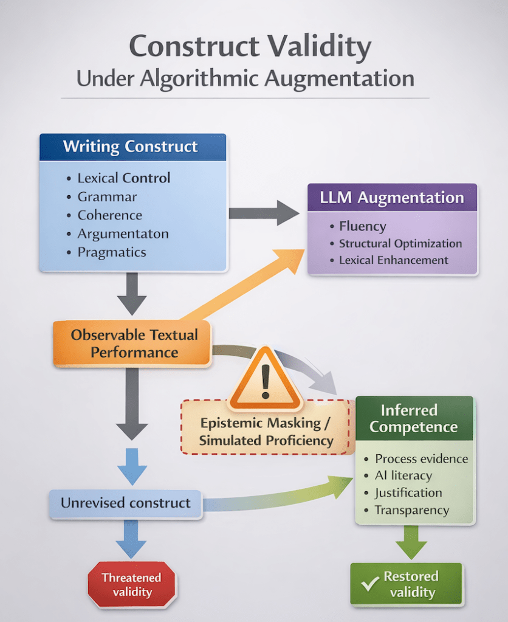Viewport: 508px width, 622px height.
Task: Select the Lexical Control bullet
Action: tap(124, 178)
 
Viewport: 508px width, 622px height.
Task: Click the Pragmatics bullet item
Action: tap(112, 252)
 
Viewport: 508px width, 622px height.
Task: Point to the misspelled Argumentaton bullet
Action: tap(123, 233)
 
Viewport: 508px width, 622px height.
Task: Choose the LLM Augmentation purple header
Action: tap(392, 198)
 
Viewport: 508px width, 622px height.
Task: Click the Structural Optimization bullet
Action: tap(400, 243)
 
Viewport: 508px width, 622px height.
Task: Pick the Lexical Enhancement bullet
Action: tap(393, 260)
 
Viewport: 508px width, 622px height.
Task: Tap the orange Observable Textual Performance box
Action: tap(134, 344)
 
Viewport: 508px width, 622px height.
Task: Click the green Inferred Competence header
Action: tap(413, 418)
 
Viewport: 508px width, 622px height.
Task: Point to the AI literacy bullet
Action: tap(403, 475)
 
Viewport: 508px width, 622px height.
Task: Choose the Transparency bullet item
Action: tap(411, 510)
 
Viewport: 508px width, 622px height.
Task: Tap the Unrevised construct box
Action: tap(125, 503)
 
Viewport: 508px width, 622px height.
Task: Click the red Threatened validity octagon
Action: tap(131, 584)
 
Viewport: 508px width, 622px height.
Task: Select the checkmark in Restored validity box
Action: tap(368, 584)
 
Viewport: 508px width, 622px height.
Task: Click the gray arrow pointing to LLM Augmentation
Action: tap(263, 213)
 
